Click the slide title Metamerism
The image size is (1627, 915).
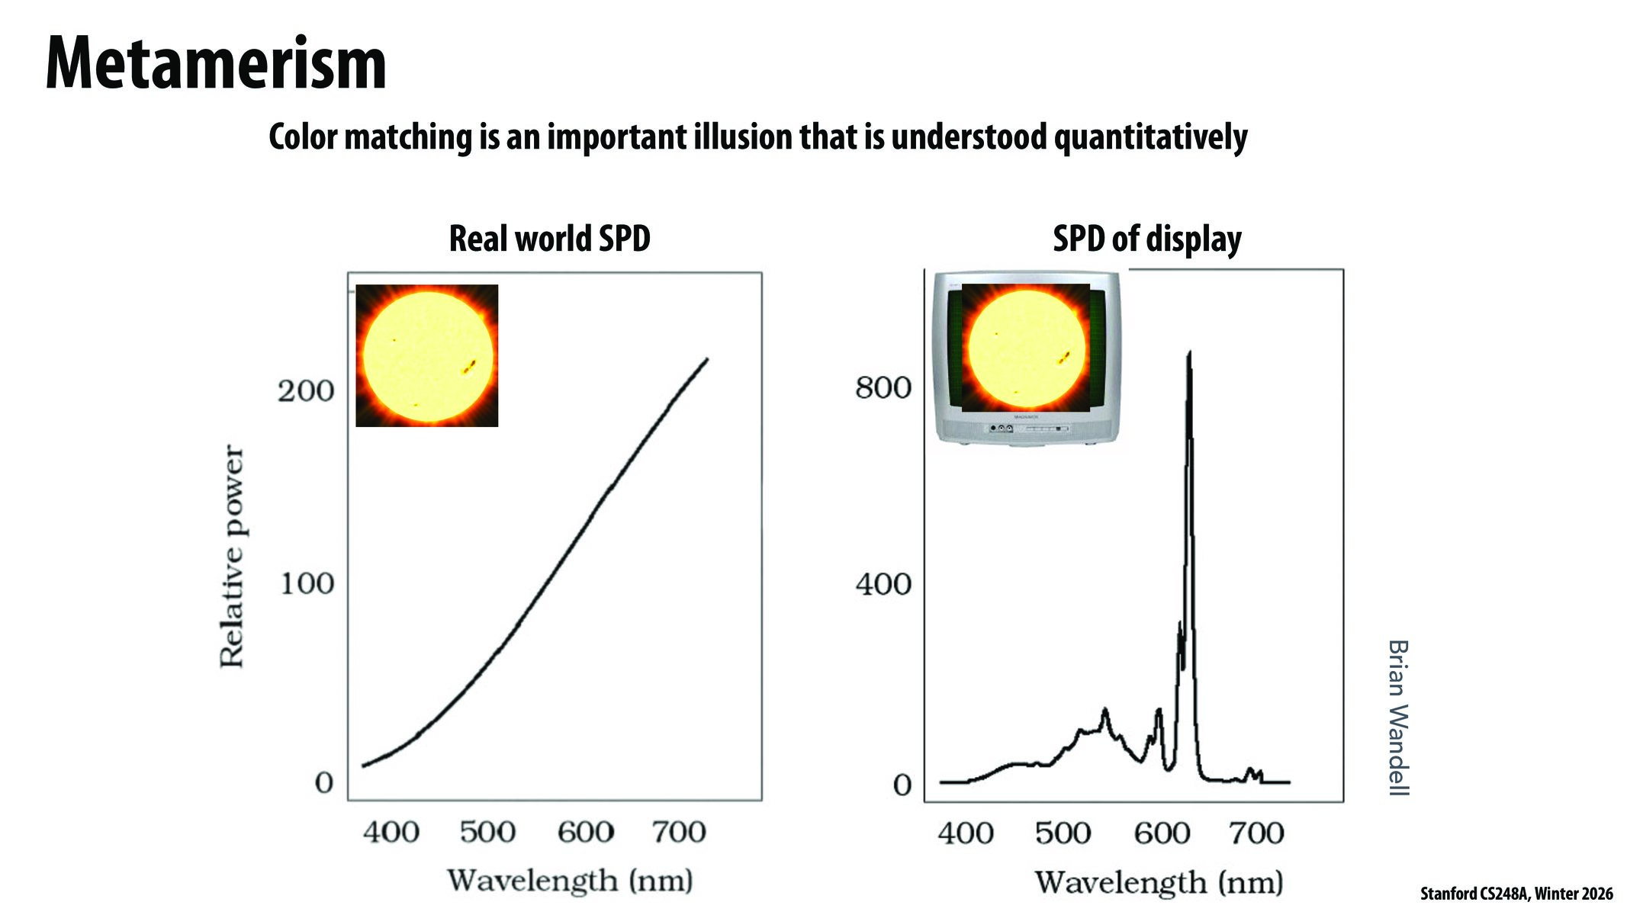pos(216,64)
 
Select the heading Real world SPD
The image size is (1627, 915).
pos(549,238)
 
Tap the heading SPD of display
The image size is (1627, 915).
pos(1146,239)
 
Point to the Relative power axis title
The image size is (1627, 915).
pos(232,557)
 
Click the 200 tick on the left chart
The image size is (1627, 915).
pos(305,391)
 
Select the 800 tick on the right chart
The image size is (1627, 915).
pos(883,388)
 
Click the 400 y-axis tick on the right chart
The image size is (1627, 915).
pos(883,585)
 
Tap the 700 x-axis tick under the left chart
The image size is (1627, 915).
pos(678,831)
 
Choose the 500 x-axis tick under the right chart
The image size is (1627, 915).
pos(1063,833)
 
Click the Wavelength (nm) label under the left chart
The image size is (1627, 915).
pos(570,881)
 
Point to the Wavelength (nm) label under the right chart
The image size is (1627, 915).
pos(1159,883)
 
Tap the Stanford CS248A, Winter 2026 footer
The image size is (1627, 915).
pos(1516,894)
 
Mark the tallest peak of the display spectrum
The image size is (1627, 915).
pos(1189,354)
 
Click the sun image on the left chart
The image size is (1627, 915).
pos(427,355)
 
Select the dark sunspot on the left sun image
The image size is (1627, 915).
pos(469,367)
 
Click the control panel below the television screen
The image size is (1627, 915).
pos(1027,429)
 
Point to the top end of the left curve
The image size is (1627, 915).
pos(706,359)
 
